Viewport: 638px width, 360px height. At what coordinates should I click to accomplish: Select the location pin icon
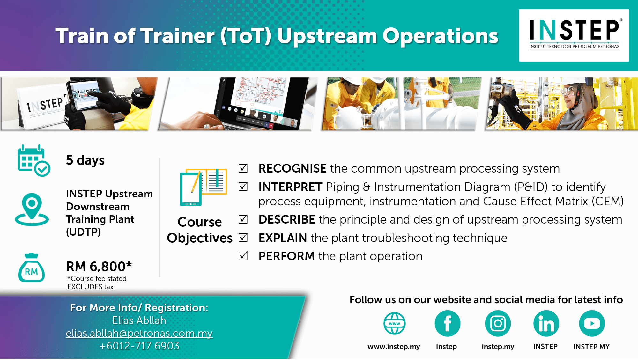[32, 209]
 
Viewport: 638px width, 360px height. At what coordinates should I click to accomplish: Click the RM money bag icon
[31, 268]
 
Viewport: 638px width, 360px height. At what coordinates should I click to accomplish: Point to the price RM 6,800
[99, 266]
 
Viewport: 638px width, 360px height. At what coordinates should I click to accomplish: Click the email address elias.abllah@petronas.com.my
[139, 333]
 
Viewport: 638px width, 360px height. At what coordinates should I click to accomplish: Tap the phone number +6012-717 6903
[139, 346]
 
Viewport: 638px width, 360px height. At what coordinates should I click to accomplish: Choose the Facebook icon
[448, 323]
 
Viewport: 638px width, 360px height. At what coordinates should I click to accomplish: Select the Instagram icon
[498, 323]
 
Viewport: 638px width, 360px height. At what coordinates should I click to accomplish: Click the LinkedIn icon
[546, 323]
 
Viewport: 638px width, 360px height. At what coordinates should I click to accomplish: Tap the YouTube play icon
[592, 323]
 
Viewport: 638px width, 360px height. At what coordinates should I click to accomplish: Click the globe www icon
[395, 323]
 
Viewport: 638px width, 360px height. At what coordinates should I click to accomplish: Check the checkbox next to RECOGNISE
[243, 168]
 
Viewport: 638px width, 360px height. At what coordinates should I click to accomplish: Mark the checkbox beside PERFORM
[243, 256]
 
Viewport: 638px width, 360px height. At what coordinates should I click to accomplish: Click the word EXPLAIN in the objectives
[283, 238]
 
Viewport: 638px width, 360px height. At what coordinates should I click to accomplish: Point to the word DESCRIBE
[287, 219]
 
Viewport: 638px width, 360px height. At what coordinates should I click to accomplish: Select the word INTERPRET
[290, 187]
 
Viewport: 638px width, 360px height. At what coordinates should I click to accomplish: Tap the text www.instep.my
[394, 347]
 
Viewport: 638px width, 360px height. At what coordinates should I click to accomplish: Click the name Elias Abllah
[139, 320]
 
